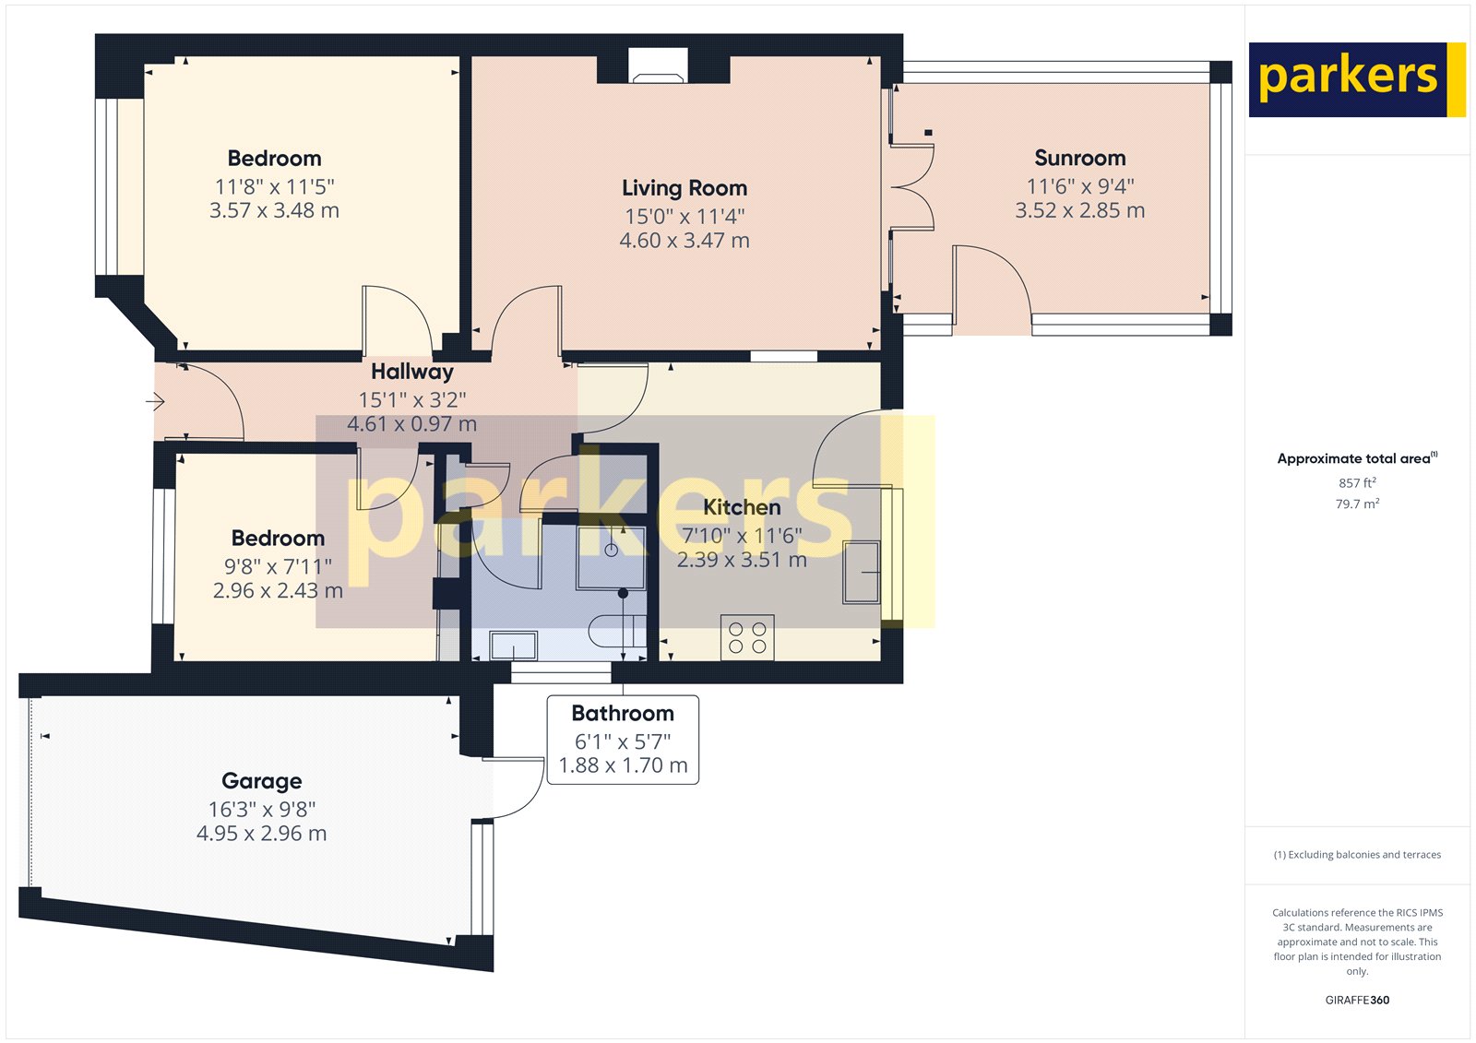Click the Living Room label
coord(684,188)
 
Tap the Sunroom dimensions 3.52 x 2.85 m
coord(1079,211)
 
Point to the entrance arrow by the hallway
coord(155,401)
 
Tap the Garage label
coord(261,781)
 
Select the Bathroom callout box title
coord(623,714)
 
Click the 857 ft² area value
coord(1357,483)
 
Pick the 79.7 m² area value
coord(1357,504)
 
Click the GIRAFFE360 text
coord(1357,1000)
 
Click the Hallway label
coord(411,372)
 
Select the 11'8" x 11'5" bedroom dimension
coord(274,186)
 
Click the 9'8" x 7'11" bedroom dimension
coord(278,566)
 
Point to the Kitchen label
coord(742,507)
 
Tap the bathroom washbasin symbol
coord(514,645)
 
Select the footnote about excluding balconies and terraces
coord(1357,855)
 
